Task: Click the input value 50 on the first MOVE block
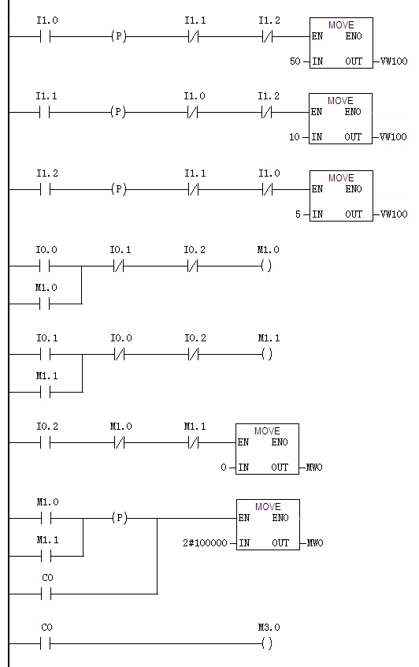(295, 61)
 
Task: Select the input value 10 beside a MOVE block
(294, 137)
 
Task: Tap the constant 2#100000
(205, 543)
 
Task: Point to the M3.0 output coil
(266, 643)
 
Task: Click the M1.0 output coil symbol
(266, 266)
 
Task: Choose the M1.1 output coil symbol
(267, 354)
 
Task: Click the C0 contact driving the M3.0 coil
(46, 644)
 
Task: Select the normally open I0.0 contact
(45, 266)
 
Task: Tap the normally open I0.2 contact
(46, 443)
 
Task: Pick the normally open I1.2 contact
(46, 189)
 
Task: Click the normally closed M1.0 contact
(120, 443)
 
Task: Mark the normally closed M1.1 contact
(193, 443)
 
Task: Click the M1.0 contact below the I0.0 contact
(45, 304)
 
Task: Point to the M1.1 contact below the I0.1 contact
(46, 392)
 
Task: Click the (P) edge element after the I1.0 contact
(119, 36)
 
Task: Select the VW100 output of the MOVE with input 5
(394, 214)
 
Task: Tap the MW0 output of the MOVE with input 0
(314, 468)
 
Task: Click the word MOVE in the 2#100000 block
(268, 507)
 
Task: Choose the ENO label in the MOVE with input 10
(353, 112)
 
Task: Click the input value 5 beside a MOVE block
(298, 214)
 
